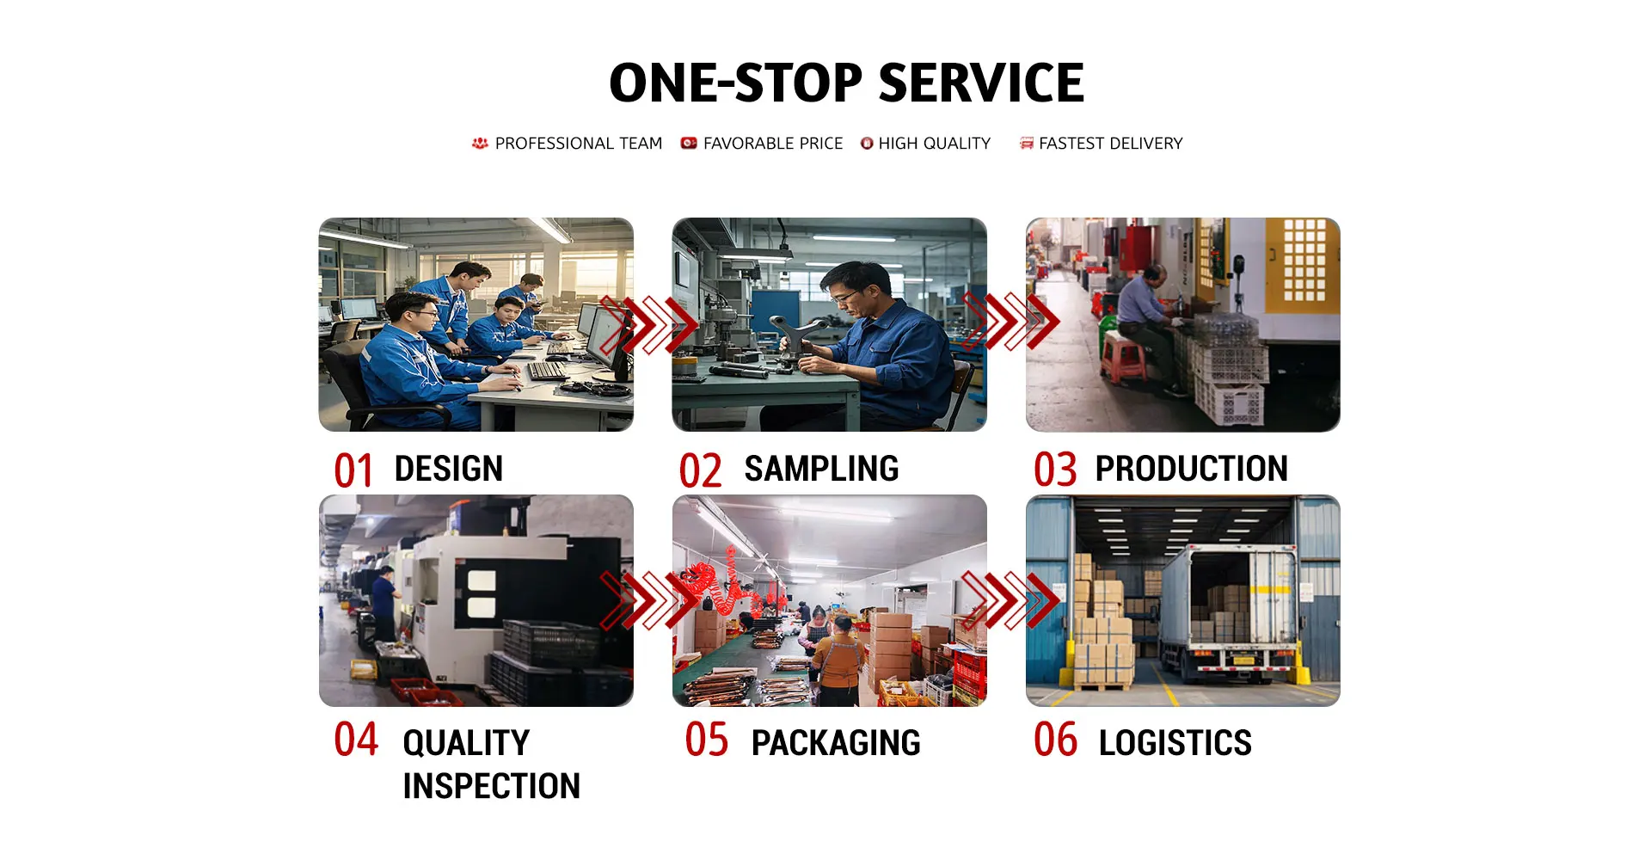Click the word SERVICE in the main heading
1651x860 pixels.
click(x=981, y=83)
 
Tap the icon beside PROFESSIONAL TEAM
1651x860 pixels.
click(x=480, y=144)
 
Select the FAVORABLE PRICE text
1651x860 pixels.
click(x=773, y=144)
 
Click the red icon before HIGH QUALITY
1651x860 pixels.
click(x=867, y=144)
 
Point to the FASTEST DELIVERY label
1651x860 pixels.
click(x=1111, y=144)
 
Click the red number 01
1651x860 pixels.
click(x=353, y=471)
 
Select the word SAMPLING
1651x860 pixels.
click(x=821, y=469)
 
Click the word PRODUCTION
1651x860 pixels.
click(x=1191, y=469)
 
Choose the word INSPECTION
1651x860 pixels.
click(x=491, y=786)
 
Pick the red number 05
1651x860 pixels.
click(x=707, y=740)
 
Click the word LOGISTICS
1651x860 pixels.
click(x=1175, y=743)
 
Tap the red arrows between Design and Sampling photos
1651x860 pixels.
click(x=649, y=325)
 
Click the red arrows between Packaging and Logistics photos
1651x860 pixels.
click(x=1010, y=599)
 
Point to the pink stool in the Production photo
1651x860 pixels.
click(x=1122, y=356)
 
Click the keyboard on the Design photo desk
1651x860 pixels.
click(x=547, y=370)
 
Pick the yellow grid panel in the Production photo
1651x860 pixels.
click(x=1304, y=261)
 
